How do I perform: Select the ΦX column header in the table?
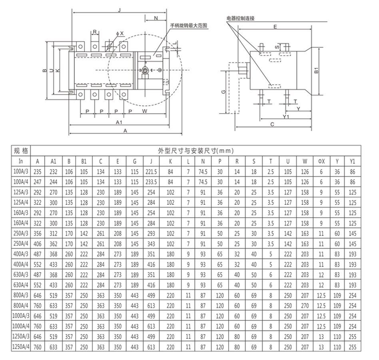point(321,161)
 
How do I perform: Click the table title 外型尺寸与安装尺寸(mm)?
point(196,151)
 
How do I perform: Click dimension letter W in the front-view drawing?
point(144,111)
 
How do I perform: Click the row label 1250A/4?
point(21,347)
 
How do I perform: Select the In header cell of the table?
point(21,161)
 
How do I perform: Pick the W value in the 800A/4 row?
point(305,306)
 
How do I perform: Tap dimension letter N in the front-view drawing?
point(156,18)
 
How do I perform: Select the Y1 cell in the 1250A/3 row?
point(352,336)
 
